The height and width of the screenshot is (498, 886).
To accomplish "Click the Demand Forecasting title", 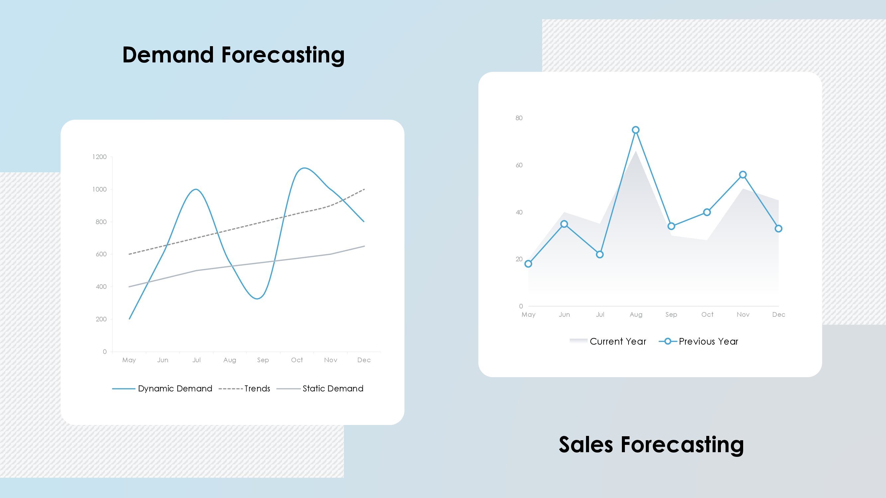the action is coord(234,55).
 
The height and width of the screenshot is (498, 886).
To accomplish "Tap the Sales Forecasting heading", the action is coord(651,445).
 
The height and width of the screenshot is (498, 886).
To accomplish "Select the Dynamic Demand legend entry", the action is coord(162,389).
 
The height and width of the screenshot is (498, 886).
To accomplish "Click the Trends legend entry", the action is coord(245,389).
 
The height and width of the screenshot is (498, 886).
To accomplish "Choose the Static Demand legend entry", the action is coord(320,389).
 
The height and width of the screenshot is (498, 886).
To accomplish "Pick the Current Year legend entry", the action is coord(608,342).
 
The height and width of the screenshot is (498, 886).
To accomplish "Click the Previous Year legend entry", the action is coord(698,342).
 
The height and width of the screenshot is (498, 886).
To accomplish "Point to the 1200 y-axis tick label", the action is coord(99,157).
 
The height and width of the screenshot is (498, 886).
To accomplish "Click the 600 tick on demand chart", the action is coord(101,254).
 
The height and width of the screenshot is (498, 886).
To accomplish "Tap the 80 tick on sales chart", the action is coord(519,118).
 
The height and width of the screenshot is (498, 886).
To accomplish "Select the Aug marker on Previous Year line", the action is coord(636,130).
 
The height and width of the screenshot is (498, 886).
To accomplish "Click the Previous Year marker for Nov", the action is coord(743,175).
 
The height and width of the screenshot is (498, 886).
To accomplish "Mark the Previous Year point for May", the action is coord(528,264).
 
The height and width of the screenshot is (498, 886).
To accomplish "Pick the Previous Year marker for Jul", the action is coord(600,255).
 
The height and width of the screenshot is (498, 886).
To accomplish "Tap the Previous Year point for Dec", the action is coord(779,229).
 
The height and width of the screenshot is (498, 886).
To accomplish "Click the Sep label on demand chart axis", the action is coord(263,360).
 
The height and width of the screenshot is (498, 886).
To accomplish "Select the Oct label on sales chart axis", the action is coord(708,315).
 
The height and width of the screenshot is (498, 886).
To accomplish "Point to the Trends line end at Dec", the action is coord(364,189).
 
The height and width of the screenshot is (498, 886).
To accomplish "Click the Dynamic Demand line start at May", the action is coord(129,319).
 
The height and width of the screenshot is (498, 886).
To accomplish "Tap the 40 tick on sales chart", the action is coord(519,212).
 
